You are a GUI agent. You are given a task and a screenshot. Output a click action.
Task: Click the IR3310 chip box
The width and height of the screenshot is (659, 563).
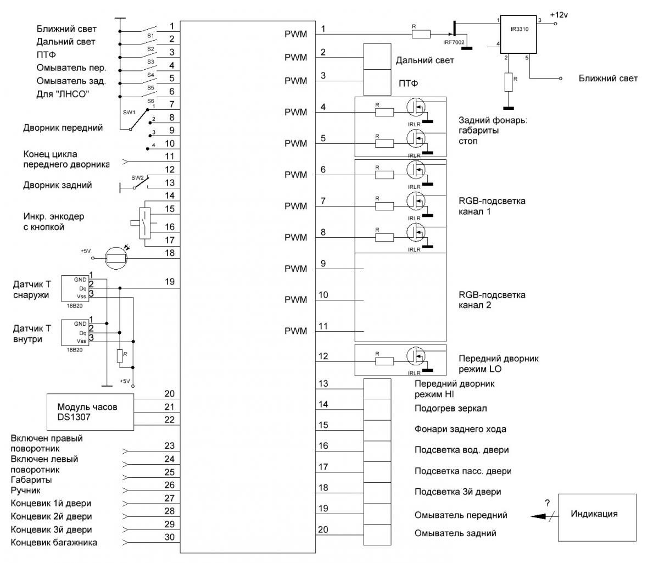click(518, 35)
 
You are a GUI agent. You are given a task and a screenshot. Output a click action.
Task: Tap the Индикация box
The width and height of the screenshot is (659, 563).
click(593, 515)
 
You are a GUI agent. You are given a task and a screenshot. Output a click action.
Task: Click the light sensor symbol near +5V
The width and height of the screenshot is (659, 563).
click(118, 257)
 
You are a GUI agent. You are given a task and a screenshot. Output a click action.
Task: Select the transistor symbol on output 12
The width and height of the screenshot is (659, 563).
click(416, 355)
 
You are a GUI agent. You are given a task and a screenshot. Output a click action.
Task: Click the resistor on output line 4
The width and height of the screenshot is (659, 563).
click(384, 113)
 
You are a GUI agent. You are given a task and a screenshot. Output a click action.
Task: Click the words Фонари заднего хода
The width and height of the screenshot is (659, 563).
click(460, 429)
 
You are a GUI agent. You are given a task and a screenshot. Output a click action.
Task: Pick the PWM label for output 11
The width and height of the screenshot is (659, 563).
click(296, 331)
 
